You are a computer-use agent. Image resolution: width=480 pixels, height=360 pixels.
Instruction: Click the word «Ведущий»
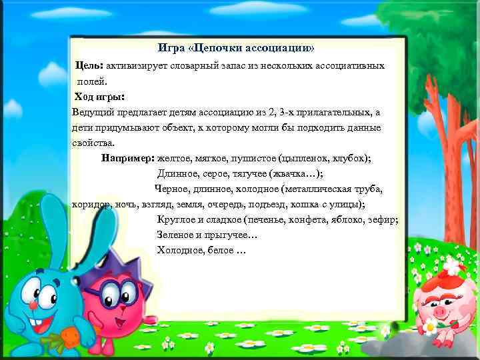(x=95, y=111)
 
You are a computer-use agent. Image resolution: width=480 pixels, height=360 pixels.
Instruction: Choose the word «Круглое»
(x=175, y=219)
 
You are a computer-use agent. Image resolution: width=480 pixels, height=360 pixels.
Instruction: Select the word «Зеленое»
(x=175, y=235)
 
